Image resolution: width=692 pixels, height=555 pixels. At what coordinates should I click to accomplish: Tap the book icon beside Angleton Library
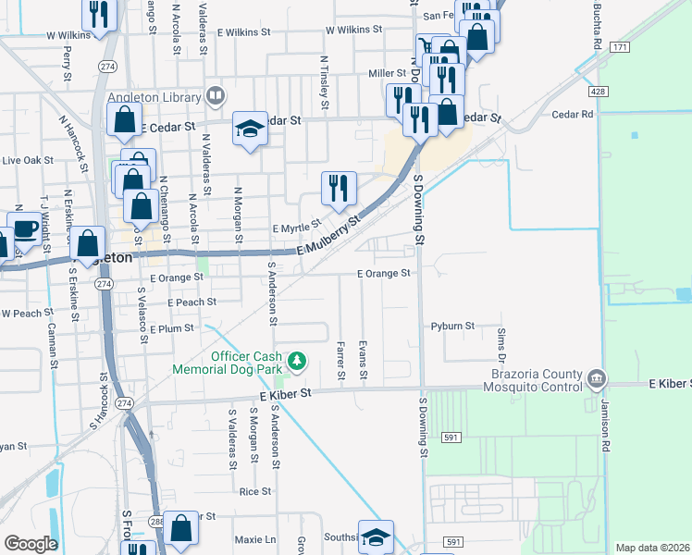pos(216,95)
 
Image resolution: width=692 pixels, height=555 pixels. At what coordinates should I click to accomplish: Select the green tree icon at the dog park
pos(297,360)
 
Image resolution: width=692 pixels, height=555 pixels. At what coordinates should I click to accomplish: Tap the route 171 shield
pos(619,46)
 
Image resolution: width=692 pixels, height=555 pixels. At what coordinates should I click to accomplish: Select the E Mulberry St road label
pos(327,239)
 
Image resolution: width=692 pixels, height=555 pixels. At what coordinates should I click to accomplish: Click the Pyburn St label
pos(452,327)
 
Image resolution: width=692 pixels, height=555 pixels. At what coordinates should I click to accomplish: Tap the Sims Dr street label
pos(501,344)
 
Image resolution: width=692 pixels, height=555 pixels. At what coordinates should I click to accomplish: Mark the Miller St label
pos(387,73)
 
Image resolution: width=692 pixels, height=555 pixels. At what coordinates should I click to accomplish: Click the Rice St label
pos(254,492)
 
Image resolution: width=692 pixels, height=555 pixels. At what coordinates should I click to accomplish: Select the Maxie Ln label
pos(256,538)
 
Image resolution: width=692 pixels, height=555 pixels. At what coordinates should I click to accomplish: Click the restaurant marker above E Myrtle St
pos(339,189)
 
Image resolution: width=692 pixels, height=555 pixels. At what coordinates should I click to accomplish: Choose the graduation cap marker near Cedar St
pos(249,129)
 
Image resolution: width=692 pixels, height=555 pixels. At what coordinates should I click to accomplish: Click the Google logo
pos(31,544)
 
